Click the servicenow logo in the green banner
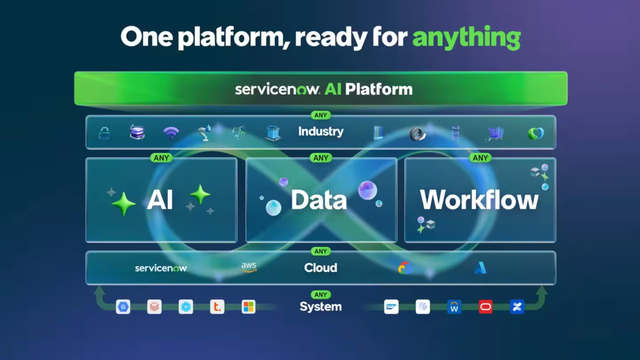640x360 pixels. pyautogui.click(x=276, y=89)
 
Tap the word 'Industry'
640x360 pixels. pyautogui.click(x=320, y=132)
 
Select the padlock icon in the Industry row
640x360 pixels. pyautogui.click(x=103, y=133)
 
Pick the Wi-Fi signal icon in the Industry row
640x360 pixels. pyautogui.click(x=171, y=133)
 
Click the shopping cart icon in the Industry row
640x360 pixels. pyautogui.click(x=494, y=133)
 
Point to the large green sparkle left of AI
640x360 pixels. pyautogui.click(x=125, y=204)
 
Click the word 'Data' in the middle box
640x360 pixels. pyautogui.click(x=318, y=200)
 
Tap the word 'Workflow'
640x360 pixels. pyautogui.click(x=479, y=199)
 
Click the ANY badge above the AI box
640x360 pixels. pyautogui.click(x=161, y=158)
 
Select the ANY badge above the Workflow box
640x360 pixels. pyautogui.click(x=481, y=158)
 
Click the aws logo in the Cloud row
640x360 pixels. pyautogui.click(x=249, y=267)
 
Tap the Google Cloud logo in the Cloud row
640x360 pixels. pyautogui.click(x=405, y=268)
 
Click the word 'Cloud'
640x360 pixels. pyautogui.click(x=320, y=268)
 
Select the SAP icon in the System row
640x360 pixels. pyautogui.click(x=391, y=307)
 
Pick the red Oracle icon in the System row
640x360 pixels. pyautogui.click(x=485, y=307)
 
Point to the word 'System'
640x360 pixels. pyautogui.click(x=320, y=307)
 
